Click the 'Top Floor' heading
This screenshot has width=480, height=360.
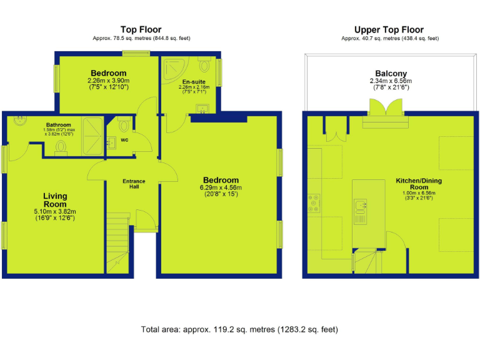[x=141, y=29]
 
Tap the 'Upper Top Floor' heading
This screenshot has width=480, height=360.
[x=389, y=29]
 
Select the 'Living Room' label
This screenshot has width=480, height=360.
[x=54, y=200]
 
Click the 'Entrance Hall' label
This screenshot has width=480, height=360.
[x=133, y=184]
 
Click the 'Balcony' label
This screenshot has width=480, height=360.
[x=392, y=73]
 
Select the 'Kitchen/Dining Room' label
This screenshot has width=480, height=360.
[x=419, y=184]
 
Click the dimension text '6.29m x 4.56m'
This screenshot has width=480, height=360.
[x=220, y=187]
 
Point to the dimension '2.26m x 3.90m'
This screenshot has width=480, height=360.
[x=108, y=81]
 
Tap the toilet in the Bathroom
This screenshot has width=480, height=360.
[x=61, y=146]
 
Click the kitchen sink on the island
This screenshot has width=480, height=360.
[x=361, y=206]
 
